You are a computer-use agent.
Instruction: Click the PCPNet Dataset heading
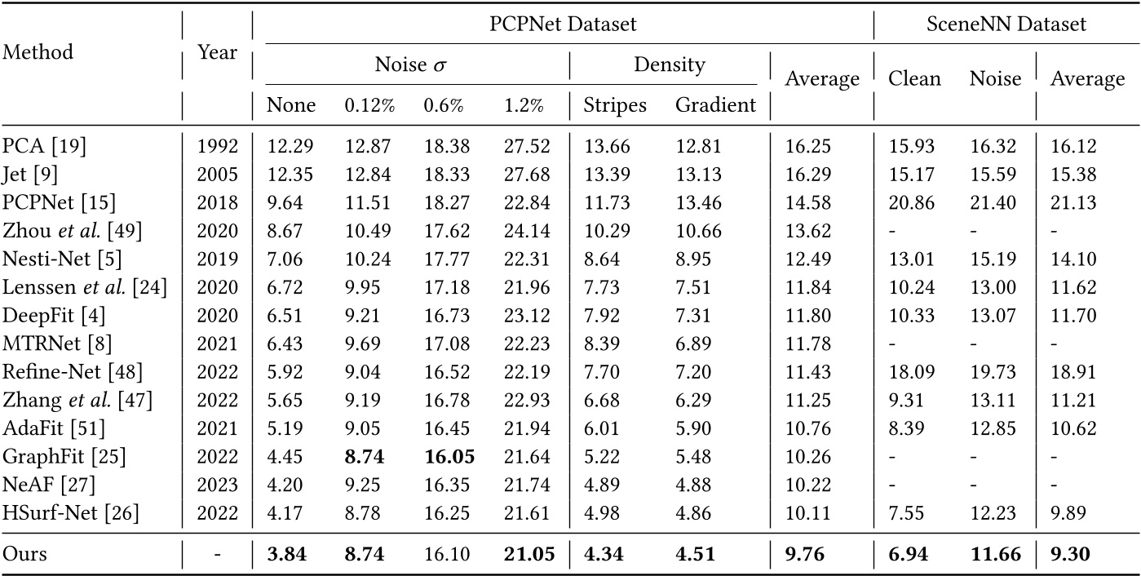[563, 23]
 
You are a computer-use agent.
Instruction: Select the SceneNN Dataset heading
[1006, 23]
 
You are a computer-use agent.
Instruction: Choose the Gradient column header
[715, 105]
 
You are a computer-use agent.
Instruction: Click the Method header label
[38, 51]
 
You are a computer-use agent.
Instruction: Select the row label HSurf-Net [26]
[71, 513]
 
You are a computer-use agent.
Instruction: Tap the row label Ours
[25, 555]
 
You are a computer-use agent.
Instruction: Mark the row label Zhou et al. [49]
[73, 231]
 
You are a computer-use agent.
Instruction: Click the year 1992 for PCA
[218, 147]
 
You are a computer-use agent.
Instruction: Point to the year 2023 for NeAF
[218, 486]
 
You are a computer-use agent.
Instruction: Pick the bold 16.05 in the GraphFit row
[445, 459]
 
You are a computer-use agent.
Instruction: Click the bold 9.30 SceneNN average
[1070, 555]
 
